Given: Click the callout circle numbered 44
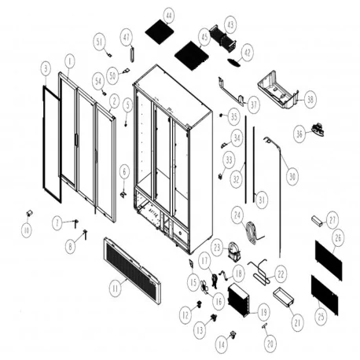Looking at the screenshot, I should tap(168, 15).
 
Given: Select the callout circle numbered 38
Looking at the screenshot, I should tap(310, 100).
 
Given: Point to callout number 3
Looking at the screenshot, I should tap(46, 69).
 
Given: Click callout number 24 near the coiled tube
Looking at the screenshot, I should tap(237, 213).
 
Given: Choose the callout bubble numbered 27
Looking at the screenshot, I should tap(332, 220).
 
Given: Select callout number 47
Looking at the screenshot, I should tap(126, 36).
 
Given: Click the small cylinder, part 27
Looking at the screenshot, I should tap(318, 219).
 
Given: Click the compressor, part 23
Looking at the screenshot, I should tap(233, 252).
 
